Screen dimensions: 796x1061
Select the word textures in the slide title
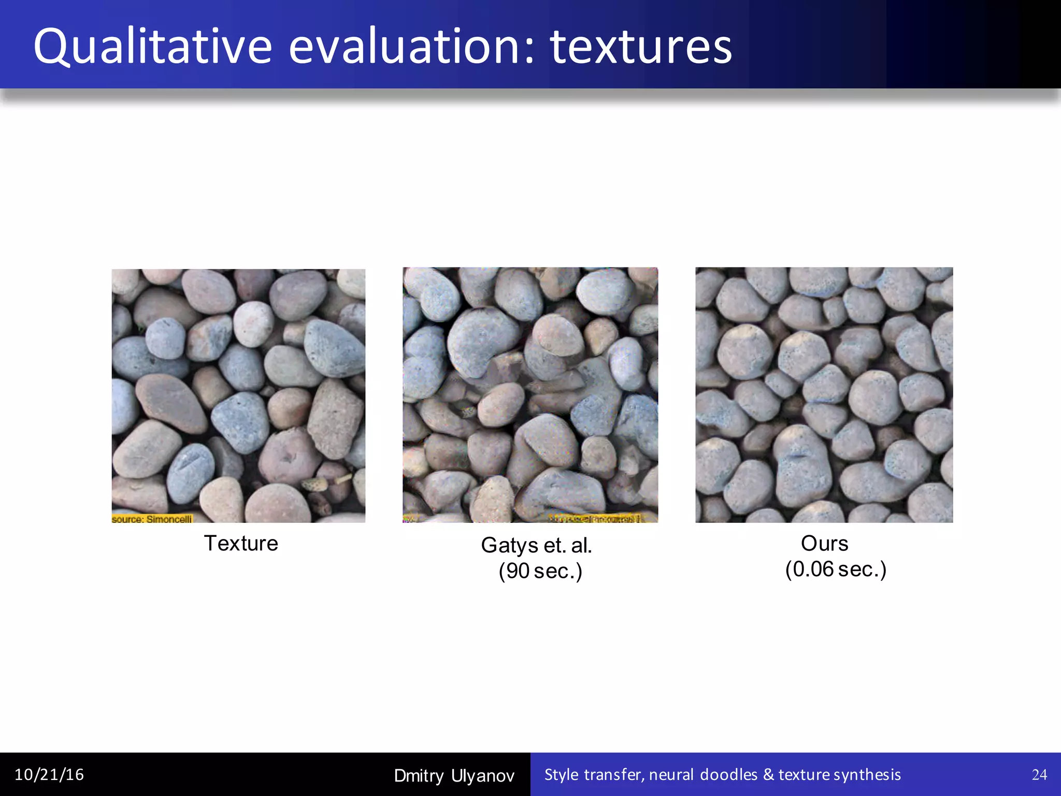(641, 48)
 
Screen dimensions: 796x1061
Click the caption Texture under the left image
(241, 543)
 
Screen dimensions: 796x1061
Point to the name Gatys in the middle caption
(509, 545)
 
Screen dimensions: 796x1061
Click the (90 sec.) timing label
(540, 571)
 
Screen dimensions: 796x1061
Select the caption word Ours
(824, 543)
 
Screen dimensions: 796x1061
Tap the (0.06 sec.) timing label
(836, 569)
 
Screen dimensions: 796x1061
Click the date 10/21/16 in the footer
(49, 775)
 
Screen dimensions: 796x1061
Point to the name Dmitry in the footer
(419, 776)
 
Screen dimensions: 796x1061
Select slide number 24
(1039, 775)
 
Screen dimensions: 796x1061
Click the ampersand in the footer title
(768, 775)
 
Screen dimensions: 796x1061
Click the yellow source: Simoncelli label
(152, 519)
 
